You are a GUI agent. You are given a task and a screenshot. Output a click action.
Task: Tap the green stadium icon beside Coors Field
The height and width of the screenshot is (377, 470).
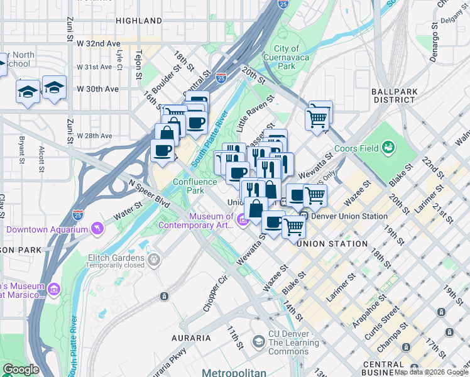tap(389, 148)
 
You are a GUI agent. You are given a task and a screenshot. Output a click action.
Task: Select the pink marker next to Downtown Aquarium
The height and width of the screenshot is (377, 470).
tap(97, 229)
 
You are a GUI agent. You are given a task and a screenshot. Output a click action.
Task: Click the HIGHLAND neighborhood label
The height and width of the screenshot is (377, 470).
tap(139, 21)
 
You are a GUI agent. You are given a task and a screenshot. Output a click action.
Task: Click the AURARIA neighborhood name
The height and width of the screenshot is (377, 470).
tap(191, 338)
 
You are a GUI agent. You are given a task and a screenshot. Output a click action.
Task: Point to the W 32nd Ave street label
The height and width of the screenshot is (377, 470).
tap(98, 44)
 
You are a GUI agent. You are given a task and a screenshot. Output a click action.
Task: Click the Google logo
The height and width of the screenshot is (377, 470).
tap(21, 369)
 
